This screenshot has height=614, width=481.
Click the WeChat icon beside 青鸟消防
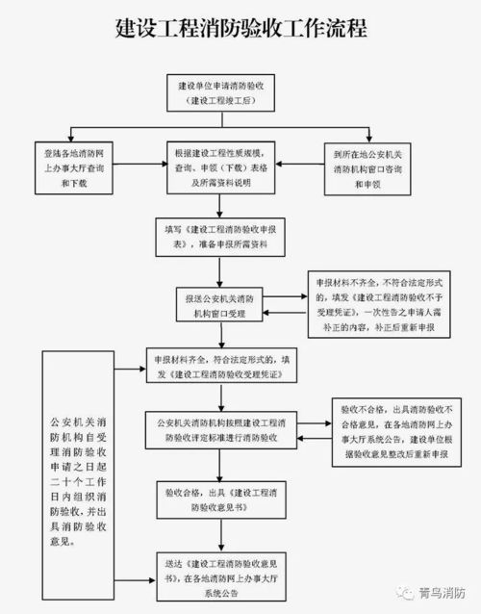click(x=401, y=593)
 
